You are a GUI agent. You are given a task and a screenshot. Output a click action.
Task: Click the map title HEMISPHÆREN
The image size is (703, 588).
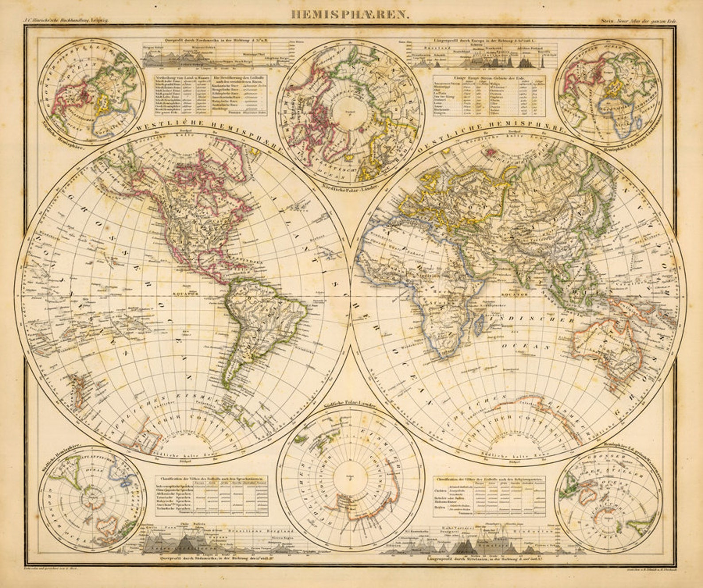click(350, 14)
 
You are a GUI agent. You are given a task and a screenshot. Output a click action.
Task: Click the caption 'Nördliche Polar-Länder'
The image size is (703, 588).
click(348, 188)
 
